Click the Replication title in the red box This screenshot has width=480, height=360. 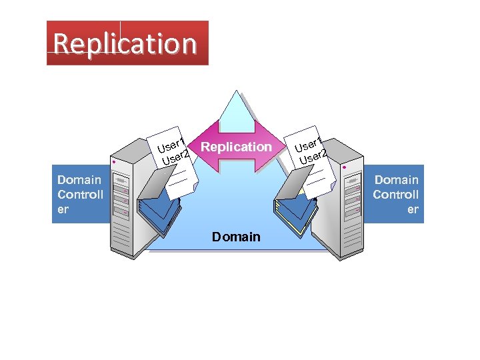click(x=125, y=43)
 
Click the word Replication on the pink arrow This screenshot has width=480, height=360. click(x=236, y=147)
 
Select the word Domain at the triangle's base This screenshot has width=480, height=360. click(x=236, y=237)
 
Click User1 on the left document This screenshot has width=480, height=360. click(x=171, y=143)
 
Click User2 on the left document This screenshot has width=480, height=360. click(x=175, y=157)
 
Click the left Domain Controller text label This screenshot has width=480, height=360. click(x=80, y=194)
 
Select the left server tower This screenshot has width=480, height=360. click(x=127, y=200)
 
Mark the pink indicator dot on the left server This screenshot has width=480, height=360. click(x=115, y=162)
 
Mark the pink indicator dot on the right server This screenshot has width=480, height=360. click(x=344, y=168)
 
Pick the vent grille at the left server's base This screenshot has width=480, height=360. click(x=123, y=237)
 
